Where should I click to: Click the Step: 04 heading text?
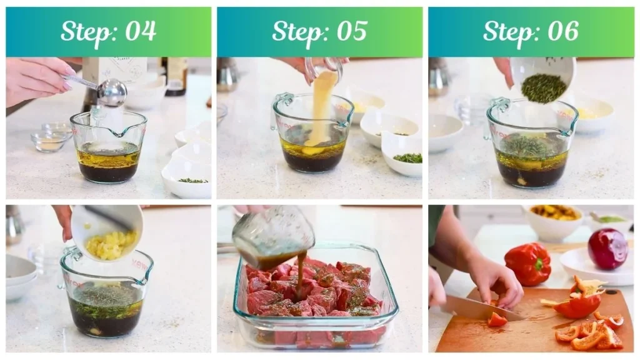point(108,31)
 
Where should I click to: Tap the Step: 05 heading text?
point(319,31)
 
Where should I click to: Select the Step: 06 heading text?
point(531,31)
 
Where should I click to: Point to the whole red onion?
point(607,248)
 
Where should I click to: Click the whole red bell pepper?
point(529,263)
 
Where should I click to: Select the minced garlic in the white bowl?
point(111,244)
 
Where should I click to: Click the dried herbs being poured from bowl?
point(544,88)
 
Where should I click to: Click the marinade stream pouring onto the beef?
point(301,273)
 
